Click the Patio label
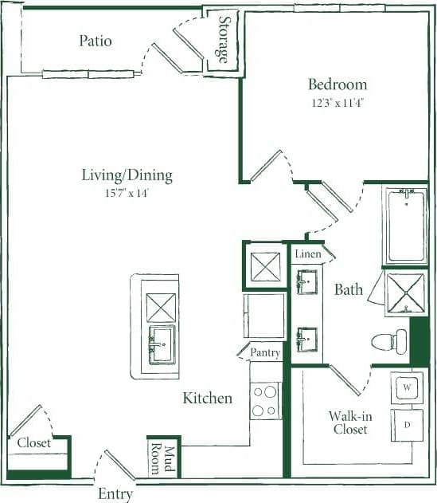[x=95, y=41]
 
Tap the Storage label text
[x=224, y=41]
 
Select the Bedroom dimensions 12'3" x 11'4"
[x=338, y=102]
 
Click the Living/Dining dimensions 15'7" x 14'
[x=127, y=193]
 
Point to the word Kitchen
[x=207, y=398]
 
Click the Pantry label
[x=265, y=352]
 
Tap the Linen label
[x=307, y=254]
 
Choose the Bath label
[x=349, y=289]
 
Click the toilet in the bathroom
[x=388, y=342]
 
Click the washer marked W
[x=407, y=387]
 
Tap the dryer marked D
[x=407, y=425]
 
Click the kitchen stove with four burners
[x=265, y=400]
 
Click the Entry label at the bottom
[x=115, y=494]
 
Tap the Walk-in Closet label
[x=349, y=422]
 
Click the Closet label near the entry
[x=33, y=442]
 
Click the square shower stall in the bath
[x=406, y=293]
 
